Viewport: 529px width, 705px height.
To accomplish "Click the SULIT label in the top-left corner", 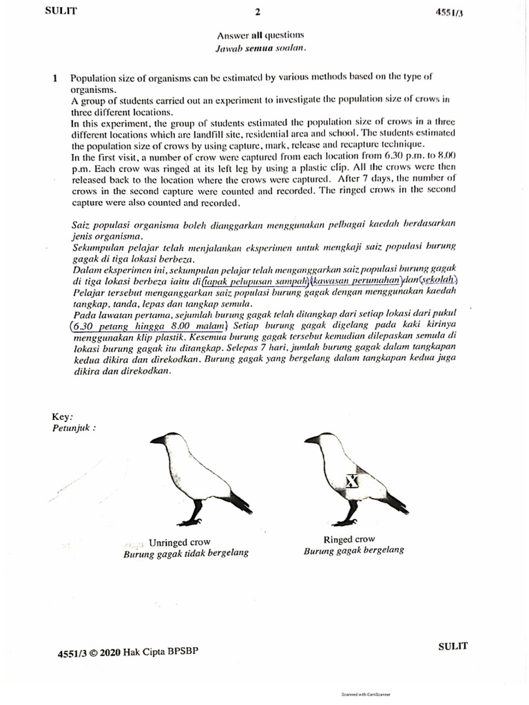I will coord(62,10).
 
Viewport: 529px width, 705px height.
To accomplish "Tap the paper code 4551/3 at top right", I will coord(448,12).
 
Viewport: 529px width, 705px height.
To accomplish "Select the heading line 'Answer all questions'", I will coord(260,35).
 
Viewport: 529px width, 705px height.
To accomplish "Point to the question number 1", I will coord(54,78).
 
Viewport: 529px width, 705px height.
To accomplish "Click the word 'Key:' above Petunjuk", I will coord(62,417).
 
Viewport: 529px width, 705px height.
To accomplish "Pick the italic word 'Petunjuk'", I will coord(74,428).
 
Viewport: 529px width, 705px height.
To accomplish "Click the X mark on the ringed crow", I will coord(351,481).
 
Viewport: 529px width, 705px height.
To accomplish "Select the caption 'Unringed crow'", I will coord(180,543).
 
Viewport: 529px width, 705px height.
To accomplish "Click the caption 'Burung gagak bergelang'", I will coord(354,551).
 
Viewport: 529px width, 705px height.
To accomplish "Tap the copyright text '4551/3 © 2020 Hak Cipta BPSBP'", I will coord(128,652).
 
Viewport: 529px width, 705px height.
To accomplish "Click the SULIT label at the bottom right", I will coord(453,646).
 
